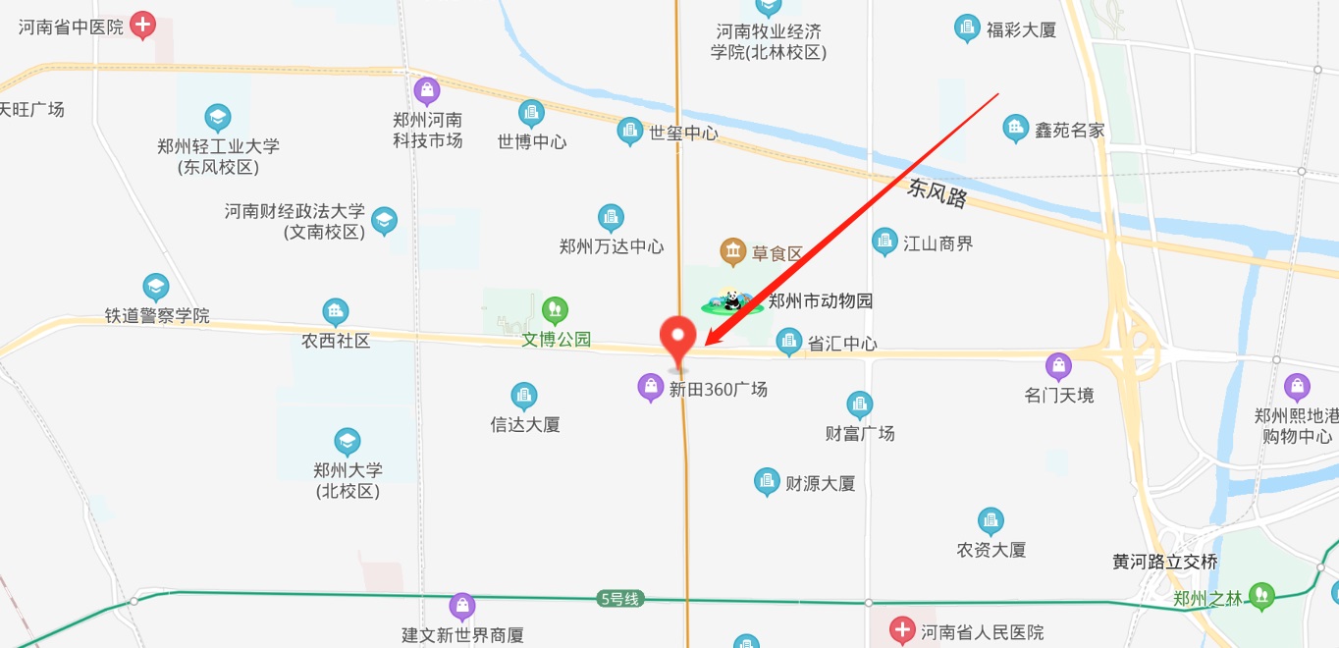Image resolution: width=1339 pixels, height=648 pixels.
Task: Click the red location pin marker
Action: [676, 339]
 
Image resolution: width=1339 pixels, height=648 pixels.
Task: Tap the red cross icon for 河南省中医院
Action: [143, 25]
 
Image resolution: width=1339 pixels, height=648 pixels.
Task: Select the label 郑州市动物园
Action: [821, 301]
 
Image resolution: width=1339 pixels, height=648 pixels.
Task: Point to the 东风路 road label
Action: [937, 192]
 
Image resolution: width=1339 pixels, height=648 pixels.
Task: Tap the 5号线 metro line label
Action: [618, 598]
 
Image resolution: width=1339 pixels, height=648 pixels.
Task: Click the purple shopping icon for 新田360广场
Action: [650, 387]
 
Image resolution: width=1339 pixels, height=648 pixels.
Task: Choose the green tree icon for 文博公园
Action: [556, 311]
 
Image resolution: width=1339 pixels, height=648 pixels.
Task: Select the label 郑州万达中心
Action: [612, 246]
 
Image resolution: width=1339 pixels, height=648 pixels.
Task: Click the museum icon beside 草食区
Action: [733, 252]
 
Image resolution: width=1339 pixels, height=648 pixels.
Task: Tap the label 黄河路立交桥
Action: [1165, 562]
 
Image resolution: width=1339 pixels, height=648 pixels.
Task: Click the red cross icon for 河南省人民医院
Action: [902, 630]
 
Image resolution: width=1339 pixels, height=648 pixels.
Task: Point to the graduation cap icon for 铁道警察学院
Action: [156, 288]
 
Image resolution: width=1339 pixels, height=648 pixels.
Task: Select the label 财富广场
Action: [860, 433]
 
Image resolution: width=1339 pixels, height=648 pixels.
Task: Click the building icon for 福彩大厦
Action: [968, 28]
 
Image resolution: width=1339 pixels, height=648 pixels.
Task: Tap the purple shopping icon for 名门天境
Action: [1058, 367]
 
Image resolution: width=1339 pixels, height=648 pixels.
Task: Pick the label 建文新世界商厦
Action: [462, 635]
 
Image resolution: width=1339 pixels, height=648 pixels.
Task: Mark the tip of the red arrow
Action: [706, 345]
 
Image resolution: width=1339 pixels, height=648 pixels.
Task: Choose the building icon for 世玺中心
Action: [630, 132]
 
